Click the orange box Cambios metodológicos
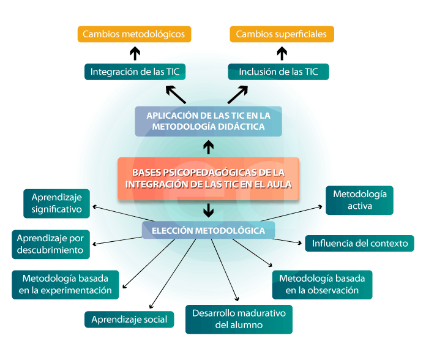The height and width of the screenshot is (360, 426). tap(134, 34)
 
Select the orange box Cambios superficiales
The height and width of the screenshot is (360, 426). tap(282, 34)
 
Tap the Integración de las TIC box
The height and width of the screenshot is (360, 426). tap(135, 72)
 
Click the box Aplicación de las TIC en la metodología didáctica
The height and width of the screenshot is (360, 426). tap(208, 121)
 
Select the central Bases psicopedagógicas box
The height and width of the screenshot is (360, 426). tap(208, 179)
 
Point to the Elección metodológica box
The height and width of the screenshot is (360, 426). tap(208, 231)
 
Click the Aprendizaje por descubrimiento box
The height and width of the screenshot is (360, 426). tap(51, 244)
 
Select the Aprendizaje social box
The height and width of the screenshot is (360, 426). tap(129, 319)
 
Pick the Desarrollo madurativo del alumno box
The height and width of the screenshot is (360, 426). tap(239, 319)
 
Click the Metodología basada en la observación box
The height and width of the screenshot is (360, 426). tap(322, 284)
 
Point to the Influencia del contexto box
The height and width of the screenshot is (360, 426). tap(360, 243)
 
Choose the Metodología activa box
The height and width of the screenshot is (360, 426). tap(359, 200)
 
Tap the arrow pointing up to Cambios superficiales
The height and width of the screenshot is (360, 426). tap(282, 53)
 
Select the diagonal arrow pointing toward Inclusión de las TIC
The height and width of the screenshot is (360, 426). tap(237, 94)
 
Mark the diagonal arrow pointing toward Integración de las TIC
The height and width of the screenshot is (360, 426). tap(176, 94)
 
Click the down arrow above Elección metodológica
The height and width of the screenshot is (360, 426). tap(208, 211)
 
